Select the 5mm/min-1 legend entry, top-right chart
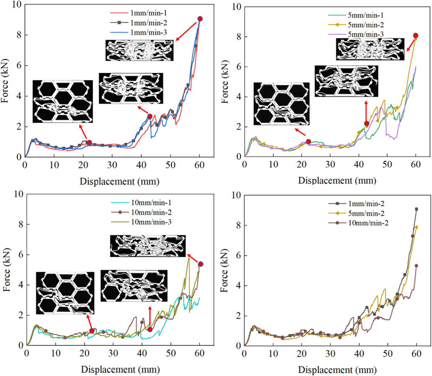pos(356,15)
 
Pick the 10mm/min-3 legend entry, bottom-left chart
pos(141,222)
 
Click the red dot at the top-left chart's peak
pos(200,19)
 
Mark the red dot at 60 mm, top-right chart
pos(416,35)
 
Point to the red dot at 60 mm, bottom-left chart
pos(201,264)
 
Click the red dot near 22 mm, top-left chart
pos(89,142)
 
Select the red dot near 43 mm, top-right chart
pos(366,123)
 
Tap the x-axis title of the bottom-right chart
pos(337,370)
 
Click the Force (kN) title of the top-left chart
pos(5,81)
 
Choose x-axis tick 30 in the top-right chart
pos(330,164)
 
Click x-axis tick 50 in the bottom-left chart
pos(170,353)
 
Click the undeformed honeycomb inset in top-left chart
pos(62,101)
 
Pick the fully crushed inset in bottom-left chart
pos(148,246)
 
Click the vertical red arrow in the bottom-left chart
pos(150,317)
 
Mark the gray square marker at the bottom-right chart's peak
pos(416,209)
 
